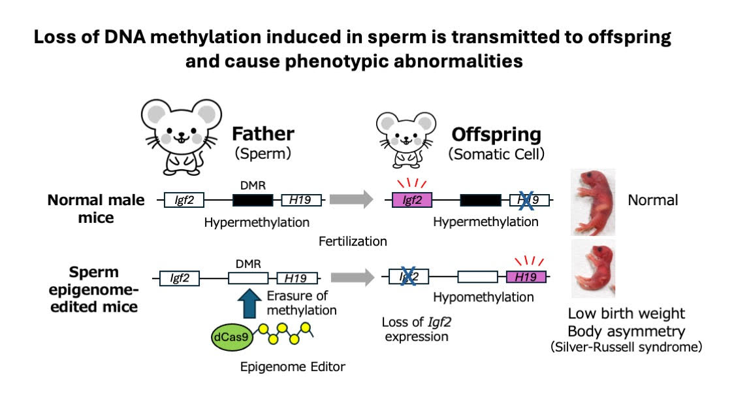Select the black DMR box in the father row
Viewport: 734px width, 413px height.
pos(253,201)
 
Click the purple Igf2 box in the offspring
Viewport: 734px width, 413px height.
pos(412,201)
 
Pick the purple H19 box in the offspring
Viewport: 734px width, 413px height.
pos(526,277)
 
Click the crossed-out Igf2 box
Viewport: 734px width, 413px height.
pos(409,277)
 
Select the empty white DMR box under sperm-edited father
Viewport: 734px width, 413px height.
pos(248,278)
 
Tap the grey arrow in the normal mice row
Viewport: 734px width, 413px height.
pos(351,200)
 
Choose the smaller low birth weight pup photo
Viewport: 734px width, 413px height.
pos(592,268)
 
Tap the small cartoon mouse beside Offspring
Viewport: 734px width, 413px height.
pos(406,138)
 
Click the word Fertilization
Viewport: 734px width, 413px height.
pos(353,242)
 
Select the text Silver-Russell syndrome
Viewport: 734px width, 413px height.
pos(626,346)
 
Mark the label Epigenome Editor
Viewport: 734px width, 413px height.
pos(293,367)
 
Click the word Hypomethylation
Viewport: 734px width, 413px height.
pos(483,297)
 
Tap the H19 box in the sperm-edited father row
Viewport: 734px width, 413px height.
pos(297,278)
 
